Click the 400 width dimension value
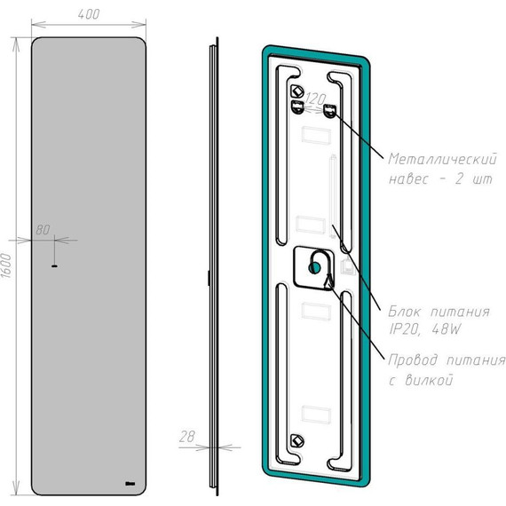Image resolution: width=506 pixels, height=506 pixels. tap(89, 14)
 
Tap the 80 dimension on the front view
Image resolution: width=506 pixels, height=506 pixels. tap(43, 230)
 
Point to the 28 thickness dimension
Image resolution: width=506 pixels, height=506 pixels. tap(187, 437)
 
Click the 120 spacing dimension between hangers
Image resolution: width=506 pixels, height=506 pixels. tap(316, 99)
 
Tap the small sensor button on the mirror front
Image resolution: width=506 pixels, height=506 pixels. tap(54, 266)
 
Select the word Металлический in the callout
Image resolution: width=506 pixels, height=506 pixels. tap(443, 160)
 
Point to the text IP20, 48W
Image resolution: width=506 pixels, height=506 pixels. tap(425, 329)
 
